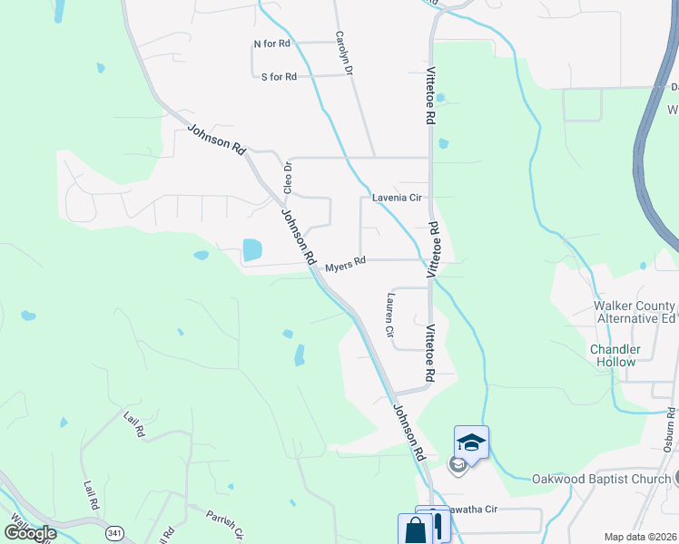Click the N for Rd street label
pyautogui.click(x=271, y=44)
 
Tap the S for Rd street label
pyautogui.click(x=279, y=77)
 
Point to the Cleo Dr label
pyautogui.click(x=288, y=178)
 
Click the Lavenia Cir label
pyautogui.click(x=399, y=197)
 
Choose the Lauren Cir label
pyautogui.click(x=390, y=315)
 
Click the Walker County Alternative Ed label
pyautogui.click(x=635, y=312)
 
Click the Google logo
pyautogui.click(x=30, y=533)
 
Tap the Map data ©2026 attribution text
pyautogui.click(x=641, y=537)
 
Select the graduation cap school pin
pyautogui.click(x=471, y=442)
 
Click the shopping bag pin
pyautogui.click(x=413, y=529)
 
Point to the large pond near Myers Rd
pyautogui.click(x=251, y=248)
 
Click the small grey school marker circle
pyautogui.click(x=458, y=466)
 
